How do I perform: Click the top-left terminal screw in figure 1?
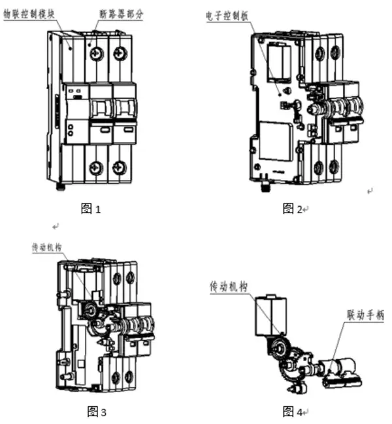[x=96, y=53]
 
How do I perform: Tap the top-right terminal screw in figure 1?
[x=120, y=53]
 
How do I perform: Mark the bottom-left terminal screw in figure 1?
[x=96, y=168]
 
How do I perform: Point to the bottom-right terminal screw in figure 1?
[x=119, y=168]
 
